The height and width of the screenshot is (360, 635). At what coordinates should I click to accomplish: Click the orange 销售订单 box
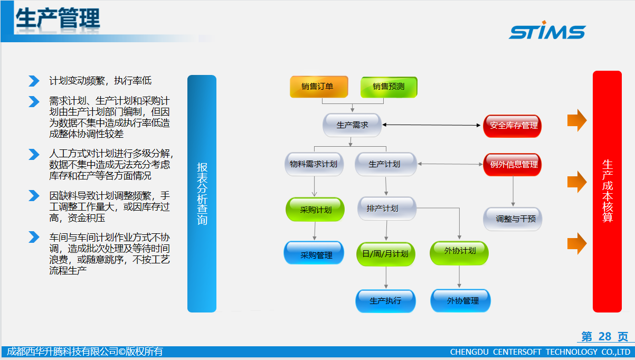click(x=319, y=87)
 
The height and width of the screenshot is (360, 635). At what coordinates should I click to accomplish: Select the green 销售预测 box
click(x=388, y=87)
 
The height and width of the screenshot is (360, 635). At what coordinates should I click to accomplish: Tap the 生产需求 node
click(x=352, y=125)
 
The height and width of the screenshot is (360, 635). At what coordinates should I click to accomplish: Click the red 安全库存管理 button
click(x=513, y=126)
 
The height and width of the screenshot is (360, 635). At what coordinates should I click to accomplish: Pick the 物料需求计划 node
click(x=314, y=164)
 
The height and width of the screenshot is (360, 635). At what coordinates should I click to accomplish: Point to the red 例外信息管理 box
click(x=513, y=165)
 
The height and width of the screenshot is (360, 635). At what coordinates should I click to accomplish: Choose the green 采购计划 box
click(x=315, y=210)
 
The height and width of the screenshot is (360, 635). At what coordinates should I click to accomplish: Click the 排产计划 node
click(x=387, y=209)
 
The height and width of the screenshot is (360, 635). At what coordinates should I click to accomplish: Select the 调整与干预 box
click(x=513, y=219)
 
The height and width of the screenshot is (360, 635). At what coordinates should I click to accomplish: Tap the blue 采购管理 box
click(x=314, y=253)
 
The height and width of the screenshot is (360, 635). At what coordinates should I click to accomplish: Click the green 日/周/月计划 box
click(x=386, y=254)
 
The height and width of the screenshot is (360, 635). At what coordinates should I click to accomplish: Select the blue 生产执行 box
click(x=386, y=301)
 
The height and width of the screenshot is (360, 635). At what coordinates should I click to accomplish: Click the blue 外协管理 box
click(x=461, y=301)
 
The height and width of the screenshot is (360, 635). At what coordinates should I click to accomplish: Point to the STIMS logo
click(x=547, y=30)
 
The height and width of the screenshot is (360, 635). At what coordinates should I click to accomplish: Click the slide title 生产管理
click(x=58, y=18)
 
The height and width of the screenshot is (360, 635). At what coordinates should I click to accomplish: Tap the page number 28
click(x=605, y=336)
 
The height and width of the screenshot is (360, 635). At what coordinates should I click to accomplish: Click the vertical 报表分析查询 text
click(x=202, y=194)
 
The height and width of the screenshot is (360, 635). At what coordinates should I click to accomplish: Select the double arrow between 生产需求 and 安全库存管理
click(x=431, y=125)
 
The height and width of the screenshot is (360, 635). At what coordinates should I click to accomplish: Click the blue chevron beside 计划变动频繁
click(x=34, y=81)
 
